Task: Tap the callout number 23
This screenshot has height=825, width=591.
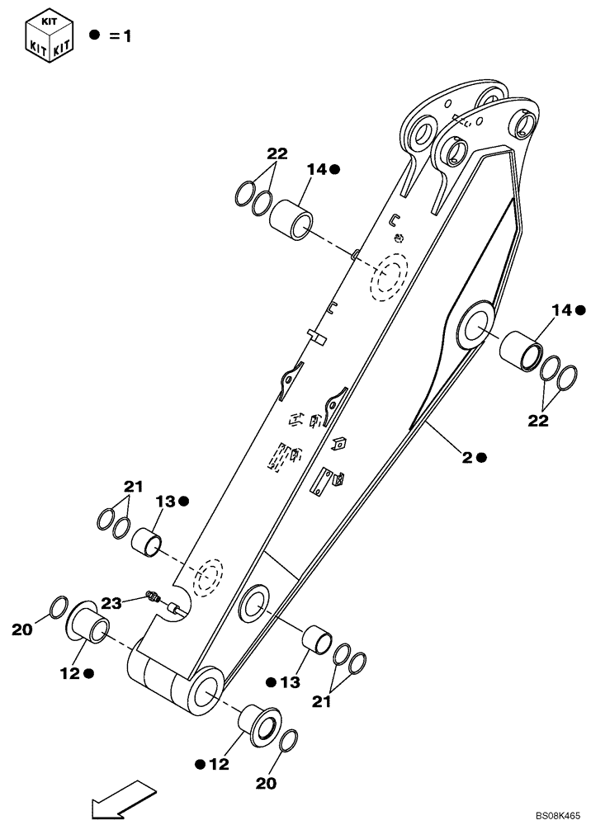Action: pos(112,603)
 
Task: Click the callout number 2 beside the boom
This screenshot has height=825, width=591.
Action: pos(467,456)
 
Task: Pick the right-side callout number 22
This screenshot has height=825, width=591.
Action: pos(538,420)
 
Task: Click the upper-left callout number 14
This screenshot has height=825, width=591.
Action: pos(317,169)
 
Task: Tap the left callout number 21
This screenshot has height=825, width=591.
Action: pos(133,487)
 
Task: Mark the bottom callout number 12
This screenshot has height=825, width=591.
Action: pos(215,765)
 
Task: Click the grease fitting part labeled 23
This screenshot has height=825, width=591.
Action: pos(151,596)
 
